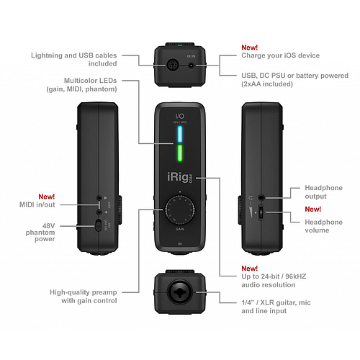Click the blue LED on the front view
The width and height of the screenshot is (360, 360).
[x=179, y=135]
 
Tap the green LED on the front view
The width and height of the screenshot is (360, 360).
[x=179, y=153]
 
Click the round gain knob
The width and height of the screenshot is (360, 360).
[x=179, y=211]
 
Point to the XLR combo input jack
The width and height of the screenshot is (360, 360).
[x=179, y=287]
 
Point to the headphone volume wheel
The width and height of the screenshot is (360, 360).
[x=260, y=213]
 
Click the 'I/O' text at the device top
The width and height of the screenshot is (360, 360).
[x=179, y=114]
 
